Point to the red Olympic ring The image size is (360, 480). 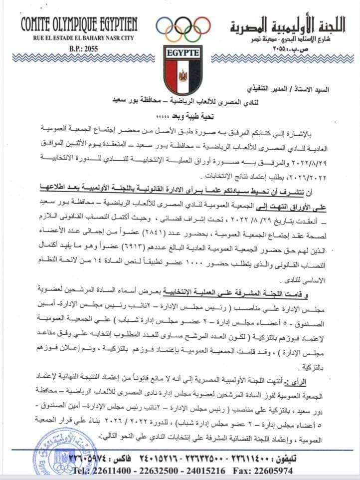pos(202,25)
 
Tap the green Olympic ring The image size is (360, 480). pos(193,34)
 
